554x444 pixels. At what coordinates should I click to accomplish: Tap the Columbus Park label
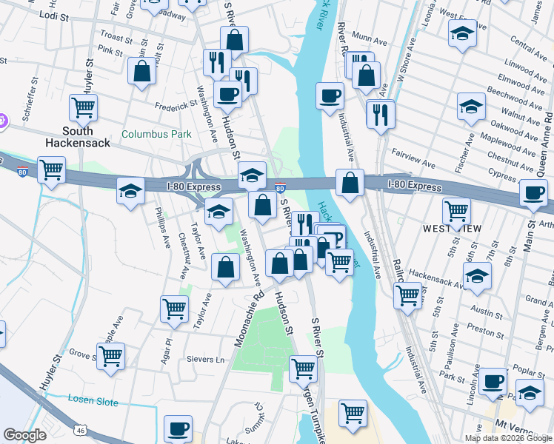(x=156, y=135)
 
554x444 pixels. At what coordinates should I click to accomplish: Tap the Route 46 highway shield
(x=79, y=429)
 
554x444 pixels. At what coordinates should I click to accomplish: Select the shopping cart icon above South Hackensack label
(x=83, y=108)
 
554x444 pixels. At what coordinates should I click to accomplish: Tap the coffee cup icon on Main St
(x=533, y=193)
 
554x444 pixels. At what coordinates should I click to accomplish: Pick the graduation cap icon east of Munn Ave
(x=463, y=33)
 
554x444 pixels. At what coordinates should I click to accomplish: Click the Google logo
(x=24, y=435)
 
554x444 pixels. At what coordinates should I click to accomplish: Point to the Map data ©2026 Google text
(x=507, y=438)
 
